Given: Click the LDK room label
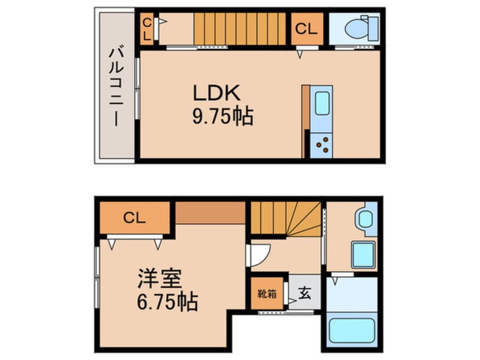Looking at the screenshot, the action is tap(216, 93).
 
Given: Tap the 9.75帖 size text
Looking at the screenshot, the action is tap(223, 116).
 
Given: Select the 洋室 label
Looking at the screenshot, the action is tap(160, 278).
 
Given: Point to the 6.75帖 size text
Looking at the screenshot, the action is tap(167, 302).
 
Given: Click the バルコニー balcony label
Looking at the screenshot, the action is tap(116, 86).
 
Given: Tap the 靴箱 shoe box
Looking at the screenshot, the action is tap(267, 294).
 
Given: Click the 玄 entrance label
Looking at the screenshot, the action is tap(305, 292).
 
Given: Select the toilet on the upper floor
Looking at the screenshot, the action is tap(362, 28).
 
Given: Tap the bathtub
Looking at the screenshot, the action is tap(352, 330).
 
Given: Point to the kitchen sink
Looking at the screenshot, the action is tap(322, 103).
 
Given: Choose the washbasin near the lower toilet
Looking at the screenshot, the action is tap(363, 254).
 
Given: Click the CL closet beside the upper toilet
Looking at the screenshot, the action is tap(307, 29).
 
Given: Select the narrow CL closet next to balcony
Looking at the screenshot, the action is tap(147, 29).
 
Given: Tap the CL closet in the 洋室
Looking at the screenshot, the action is tap(134, 218).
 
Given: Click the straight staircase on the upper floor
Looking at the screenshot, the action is tap(239, 29).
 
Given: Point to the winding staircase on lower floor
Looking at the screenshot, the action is tap(286, 218).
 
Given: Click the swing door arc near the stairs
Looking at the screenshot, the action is tap(260, 255).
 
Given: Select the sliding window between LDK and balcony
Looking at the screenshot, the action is tap(137, 89).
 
